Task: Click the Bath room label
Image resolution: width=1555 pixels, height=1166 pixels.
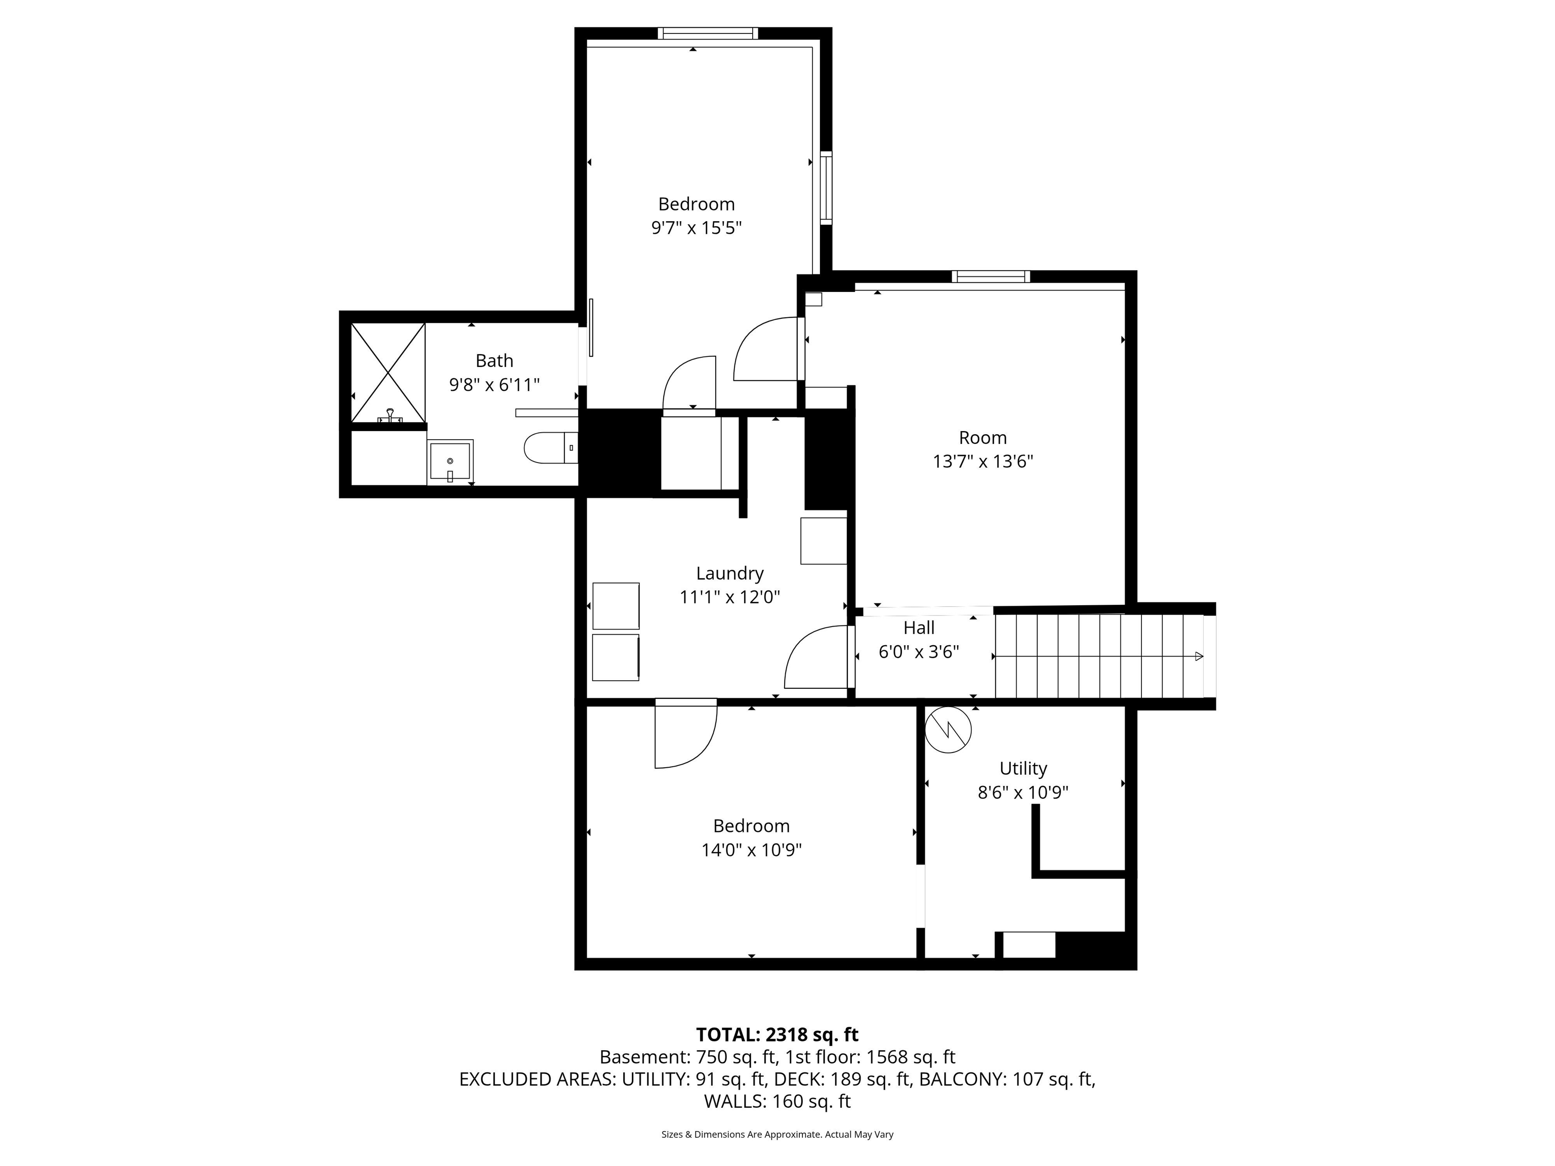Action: point(494,360)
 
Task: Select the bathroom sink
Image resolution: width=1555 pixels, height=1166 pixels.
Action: point(451,461)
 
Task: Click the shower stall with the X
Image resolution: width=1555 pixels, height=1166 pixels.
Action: point(388,372)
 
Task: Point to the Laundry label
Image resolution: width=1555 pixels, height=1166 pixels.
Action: point(730,573)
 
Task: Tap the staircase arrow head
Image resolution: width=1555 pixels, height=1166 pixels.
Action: point(1199,656)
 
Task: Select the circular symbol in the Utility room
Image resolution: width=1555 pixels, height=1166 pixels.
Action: point(948,730)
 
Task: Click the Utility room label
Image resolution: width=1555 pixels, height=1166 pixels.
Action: point(1024,768)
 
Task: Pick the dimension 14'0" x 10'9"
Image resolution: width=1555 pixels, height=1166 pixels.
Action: point(752,850)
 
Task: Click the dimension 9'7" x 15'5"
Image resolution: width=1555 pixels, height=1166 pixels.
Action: point(697,228)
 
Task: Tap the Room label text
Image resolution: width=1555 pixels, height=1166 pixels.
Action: point(983,438)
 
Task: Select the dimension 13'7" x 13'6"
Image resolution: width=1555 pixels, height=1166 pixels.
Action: point(983,462)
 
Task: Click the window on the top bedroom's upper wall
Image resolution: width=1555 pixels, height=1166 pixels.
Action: point(708,33)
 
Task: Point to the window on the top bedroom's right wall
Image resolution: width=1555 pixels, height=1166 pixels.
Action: point(827,188)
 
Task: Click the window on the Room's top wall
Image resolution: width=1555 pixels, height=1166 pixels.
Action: point(991,276)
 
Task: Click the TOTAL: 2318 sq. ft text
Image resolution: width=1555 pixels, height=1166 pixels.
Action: point(777,1034)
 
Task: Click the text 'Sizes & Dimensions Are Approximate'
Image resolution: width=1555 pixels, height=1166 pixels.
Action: point(741,1135)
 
